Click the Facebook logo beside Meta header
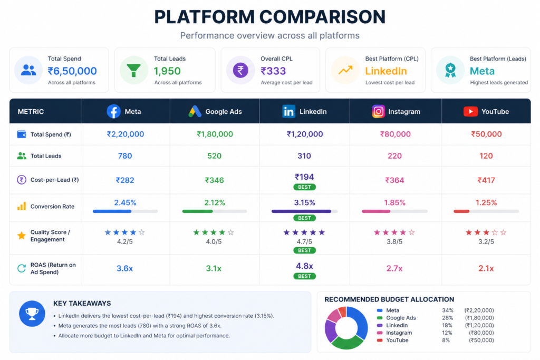coord(113,111)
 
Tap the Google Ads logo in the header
coord(195,111)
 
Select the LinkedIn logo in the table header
coord(288,111)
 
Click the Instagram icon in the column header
coord(378,111)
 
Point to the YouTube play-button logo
coord(470,111)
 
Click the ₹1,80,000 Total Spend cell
coord(215,134)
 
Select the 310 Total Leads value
coord(304,155)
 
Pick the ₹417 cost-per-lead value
coord(486,180)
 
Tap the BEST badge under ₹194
coord(304,187)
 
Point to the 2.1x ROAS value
coord(486,268)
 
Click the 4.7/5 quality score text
coord(304,241)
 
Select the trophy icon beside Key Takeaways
coord(32,314)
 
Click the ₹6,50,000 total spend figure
coord(72,71)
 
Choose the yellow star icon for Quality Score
coord(21,236)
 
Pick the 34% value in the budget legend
coord(447,310)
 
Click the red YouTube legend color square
coord(380,340)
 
